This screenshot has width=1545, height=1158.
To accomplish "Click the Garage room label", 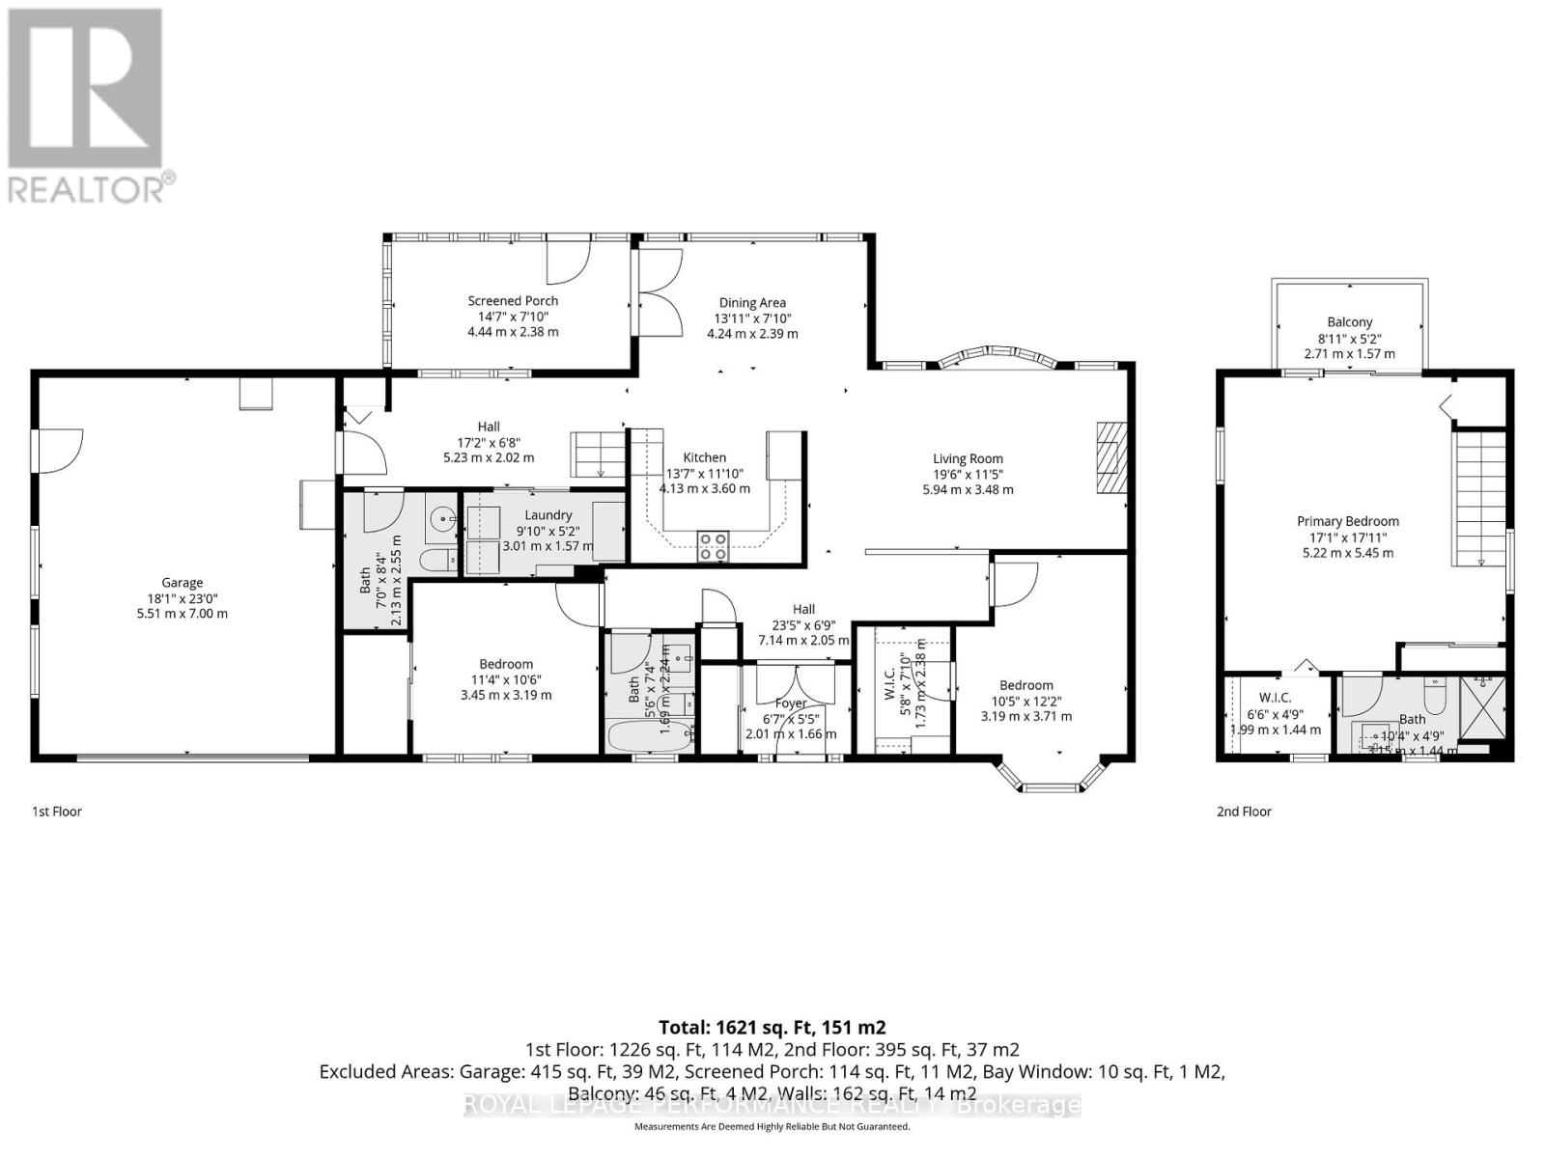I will [x=182, y=582].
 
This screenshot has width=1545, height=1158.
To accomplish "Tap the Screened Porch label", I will [x=513, y=301].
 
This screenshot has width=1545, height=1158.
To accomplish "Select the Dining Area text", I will [x=752, y=302].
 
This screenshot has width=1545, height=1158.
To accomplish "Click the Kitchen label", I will [x=704, y=457].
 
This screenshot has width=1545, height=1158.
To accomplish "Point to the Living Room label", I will [x=968, y=458].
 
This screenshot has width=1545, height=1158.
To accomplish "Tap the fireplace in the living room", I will [x=1111, y=458].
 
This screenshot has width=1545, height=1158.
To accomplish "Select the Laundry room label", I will [x=548, y=515].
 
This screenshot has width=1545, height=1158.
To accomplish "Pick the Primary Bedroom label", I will [x=1347, y=521].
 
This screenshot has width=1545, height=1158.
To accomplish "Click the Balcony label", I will [x=1349, y=322].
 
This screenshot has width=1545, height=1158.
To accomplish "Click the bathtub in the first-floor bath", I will [x=649, y=736].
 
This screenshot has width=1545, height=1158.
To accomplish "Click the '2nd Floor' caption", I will [x=1244, y=812].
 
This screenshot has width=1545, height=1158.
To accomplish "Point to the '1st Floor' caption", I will [x=57, y=812].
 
